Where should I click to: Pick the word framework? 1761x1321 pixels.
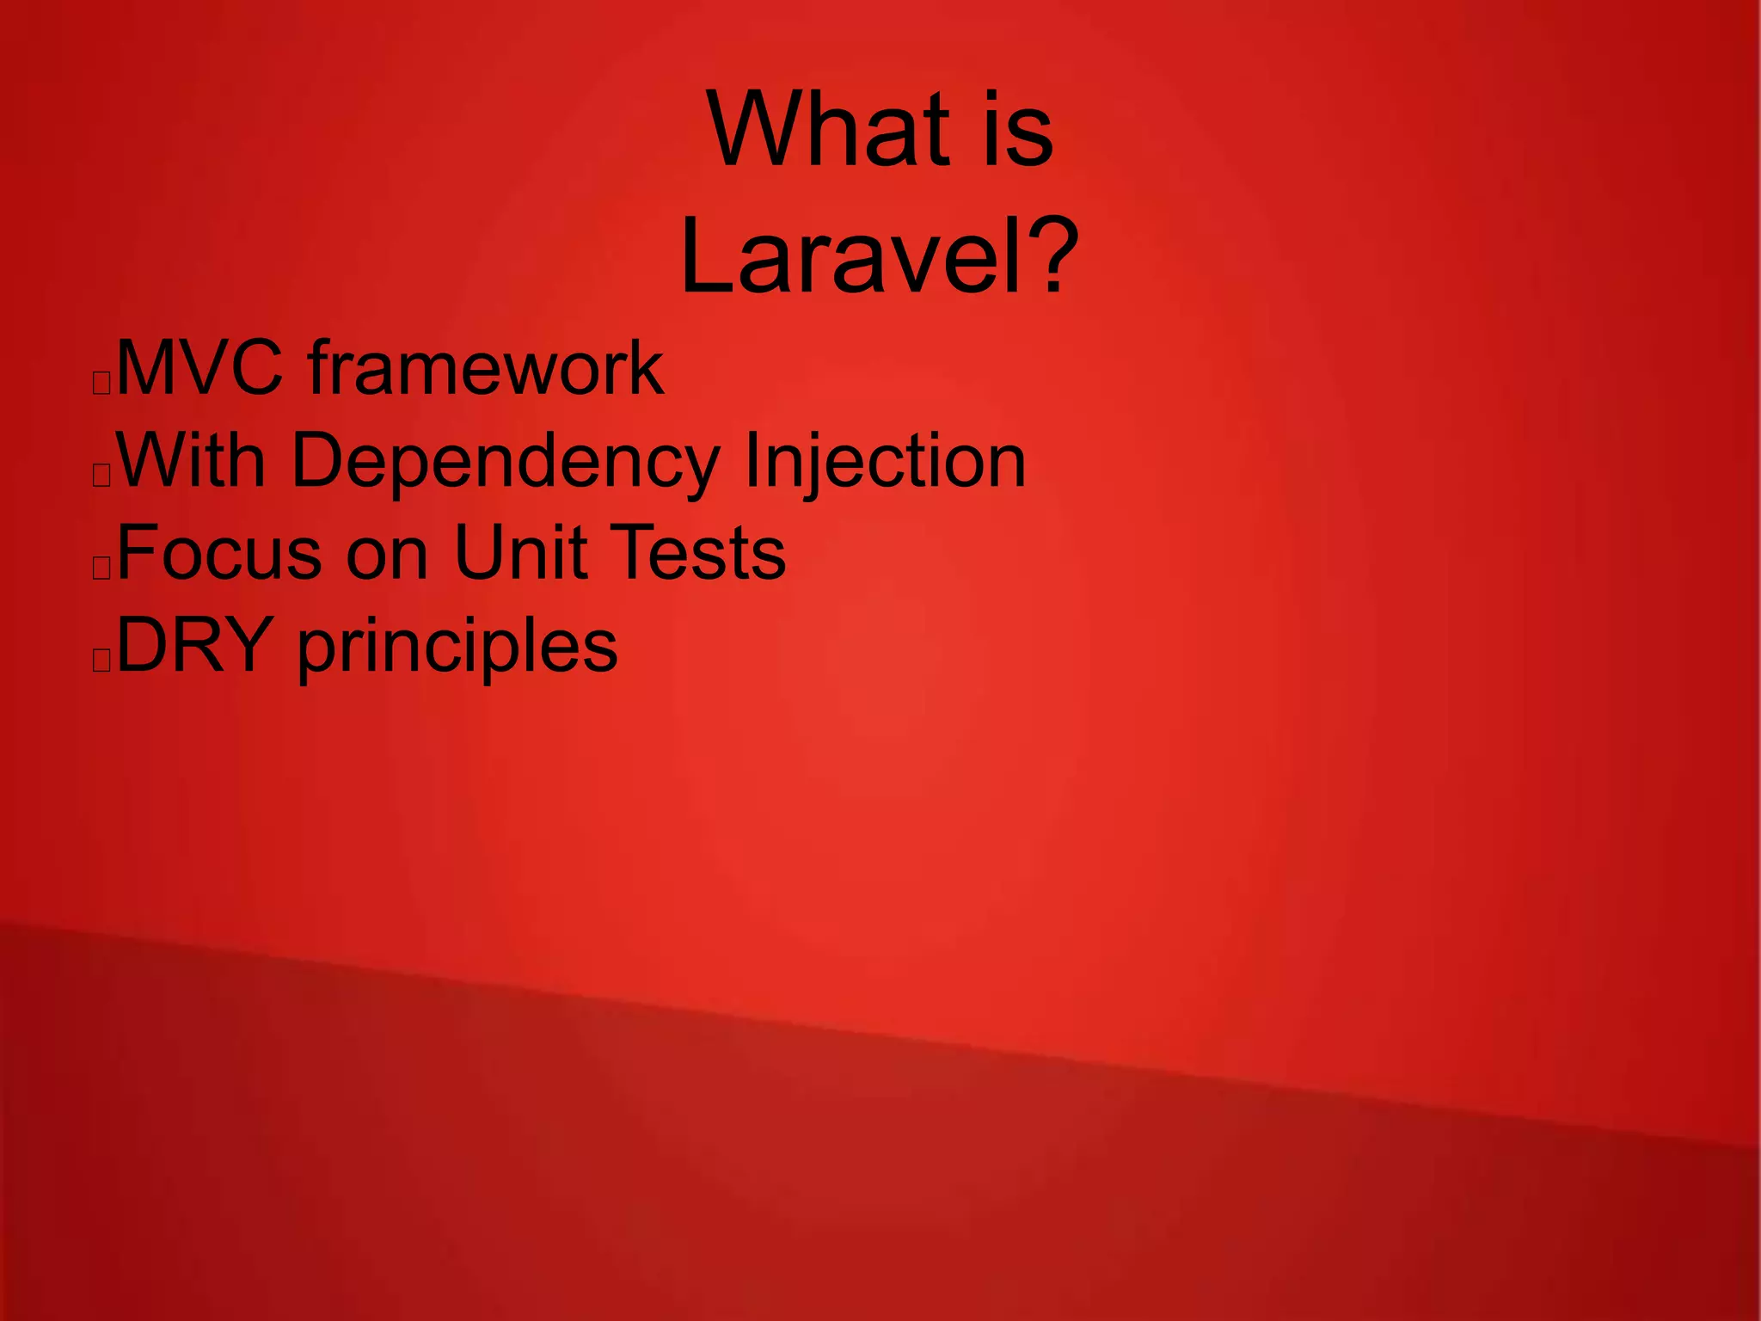pos(486,368)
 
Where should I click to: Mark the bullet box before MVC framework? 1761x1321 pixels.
pos(101,383)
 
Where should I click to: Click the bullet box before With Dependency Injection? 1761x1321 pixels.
pos(101,475)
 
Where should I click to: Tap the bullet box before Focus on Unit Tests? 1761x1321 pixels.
pos(101,568)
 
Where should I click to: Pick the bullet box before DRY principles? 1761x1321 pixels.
pos(101,660)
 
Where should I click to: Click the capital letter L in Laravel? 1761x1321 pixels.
pos(709,255)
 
